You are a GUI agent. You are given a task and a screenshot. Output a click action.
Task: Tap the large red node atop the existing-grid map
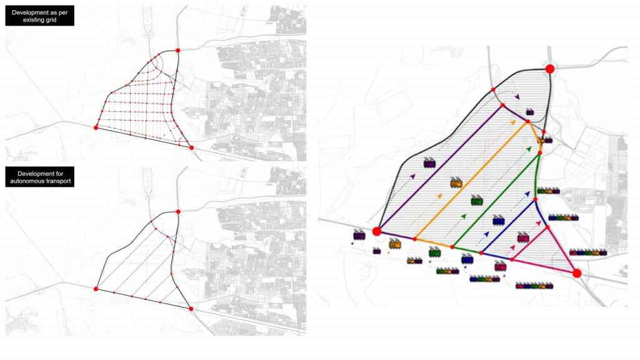click(x=178, y=51)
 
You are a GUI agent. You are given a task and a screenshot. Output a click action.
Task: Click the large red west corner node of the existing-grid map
click(x=96, y=127)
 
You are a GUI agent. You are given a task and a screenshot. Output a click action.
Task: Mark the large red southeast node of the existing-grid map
click(x=191, y=147)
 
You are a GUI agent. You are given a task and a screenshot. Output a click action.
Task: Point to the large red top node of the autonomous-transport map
click(x=178, y=212)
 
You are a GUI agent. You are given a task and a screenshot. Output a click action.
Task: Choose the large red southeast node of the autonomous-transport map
click(x=191, y=309)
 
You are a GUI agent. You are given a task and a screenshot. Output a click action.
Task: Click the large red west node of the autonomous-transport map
click(x=96, y=289)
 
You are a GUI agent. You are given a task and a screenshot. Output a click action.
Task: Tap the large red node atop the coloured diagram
click(x=550, y=69)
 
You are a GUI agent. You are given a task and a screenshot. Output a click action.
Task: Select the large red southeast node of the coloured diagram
click(x=577, y=274)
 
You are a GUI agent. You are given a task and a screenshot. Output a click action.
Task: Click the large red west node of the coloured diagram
click(x=377, y=232)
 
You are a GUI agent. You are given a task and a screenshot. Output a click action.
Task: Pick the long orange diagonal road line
click(x=471, y=181)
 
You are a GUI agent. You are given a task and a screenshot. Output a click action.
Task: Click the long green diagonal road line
click(x=496, y=200)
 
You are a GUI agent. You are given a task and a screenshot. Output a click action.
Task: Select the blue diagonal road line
click(x=508, y=226)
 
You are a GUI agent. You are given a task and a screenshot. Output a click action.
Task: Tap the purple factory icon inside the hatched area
click(x=429, y=163)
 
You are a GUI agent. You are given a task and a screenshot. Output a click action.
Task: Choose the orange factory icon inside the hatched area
click(x=456, y=183)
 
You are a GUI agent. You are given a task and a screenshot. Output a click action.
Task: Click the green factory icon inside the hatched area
click(x=477, y=200)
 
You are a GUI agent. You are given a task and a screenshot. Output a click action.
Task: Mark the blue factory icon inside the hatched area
click(x=498, y=220)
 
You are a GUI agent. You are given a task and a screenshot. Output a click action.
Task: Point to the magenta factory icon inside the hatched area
click(x=523, y=237)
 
